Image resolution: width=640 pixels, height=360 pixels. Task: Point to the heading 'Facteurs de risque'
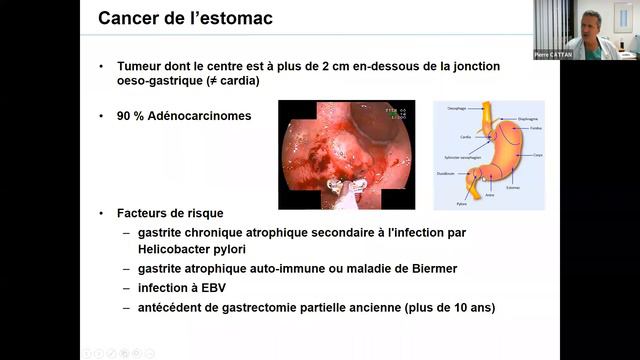tap(171, 213)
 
